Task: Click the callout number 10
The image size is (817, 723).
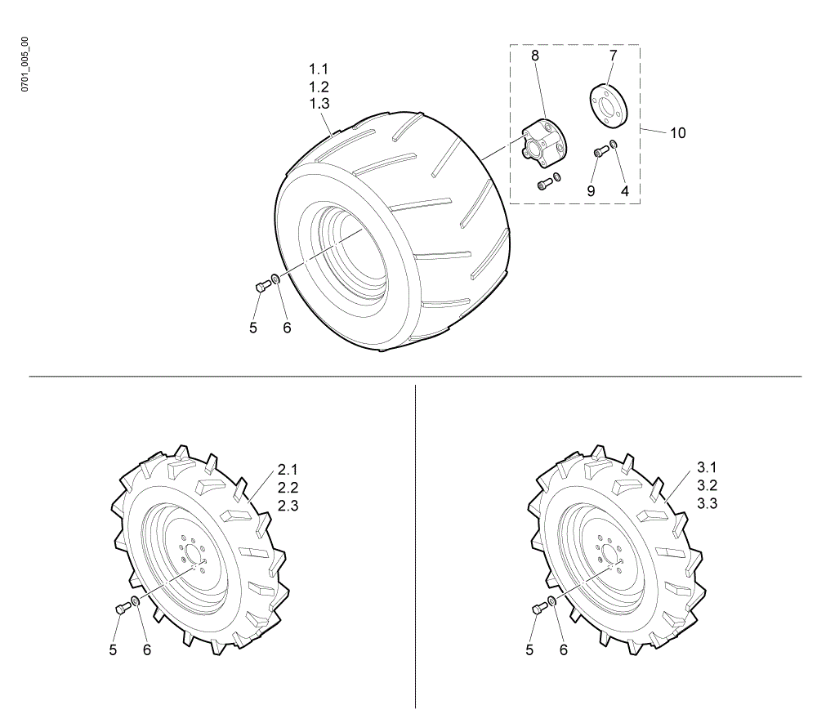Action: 677,133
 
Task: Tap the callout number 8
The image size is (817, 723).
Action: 534,56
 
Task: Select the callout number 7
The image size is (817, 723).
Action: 613,56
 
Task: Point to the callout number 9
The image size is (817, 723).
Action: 591,191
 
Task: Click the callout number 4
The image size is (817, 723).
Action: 625,191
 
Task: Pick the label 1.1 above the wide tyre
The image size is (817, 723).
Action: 319,69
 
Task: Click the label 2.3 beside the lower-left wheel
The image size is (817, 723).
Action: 288,506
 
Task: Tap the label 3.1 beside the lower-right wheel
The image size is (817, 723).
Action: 707,467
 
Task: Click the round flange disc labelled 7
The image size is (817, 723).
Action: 608,105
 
